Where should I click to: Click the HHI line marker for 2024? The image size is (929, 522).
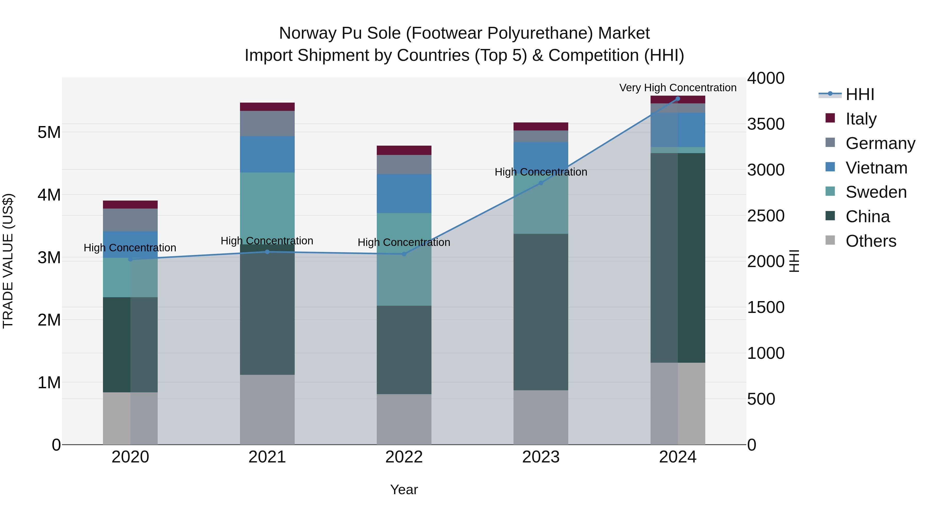pyautogui.click(x=678, y=99)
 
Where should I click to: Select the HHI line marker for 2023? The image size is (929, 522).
pyautogui.click(x=541, y=183)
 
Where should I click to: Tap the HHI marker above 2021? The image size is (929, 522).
pyautogui.click(x=267, y=252)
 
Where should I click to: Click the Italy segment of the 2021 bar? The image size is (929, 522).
pyautogui.click(x=267, y=107)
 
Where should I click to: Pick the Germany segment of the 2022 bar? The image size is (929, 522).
pyautogui.click(x=404, y=165)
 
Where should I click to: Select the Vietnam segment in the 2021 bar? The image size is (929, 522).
pyautogui.click(x=267, y=154)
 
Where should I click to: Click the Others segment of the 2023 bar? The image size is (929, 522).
pyautogui.click(x=541, y=417)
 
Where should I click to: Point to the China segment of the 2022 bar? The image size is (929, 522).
pyautogui.click(x=404, y=350)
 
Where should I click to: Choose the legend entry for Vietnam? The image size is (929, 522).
pyautogui.click(x=876, y=168)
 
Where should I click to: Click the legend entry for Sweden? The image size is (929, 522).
pyautogui.click(x=876, y=192)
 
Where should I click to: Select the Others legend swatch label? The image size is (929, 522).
pyautogui.click(x=871, y=241)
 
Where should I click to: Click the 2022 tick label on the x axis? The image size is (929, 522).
pyautogui.click(x=404, y=457)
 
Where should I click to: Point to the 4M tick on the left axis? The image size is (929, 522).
pyautogui.click(x=49, y=195)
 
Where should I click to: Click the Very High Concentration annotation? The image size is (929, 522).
pyautogui.click(x=678, y=88)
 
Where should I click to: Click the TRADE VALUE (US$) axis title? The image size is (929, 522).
pyautogui.click(x=8, y=261)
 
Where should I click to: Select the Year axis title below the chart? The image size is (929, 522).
pyautogui.click(x=404, y=490)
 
